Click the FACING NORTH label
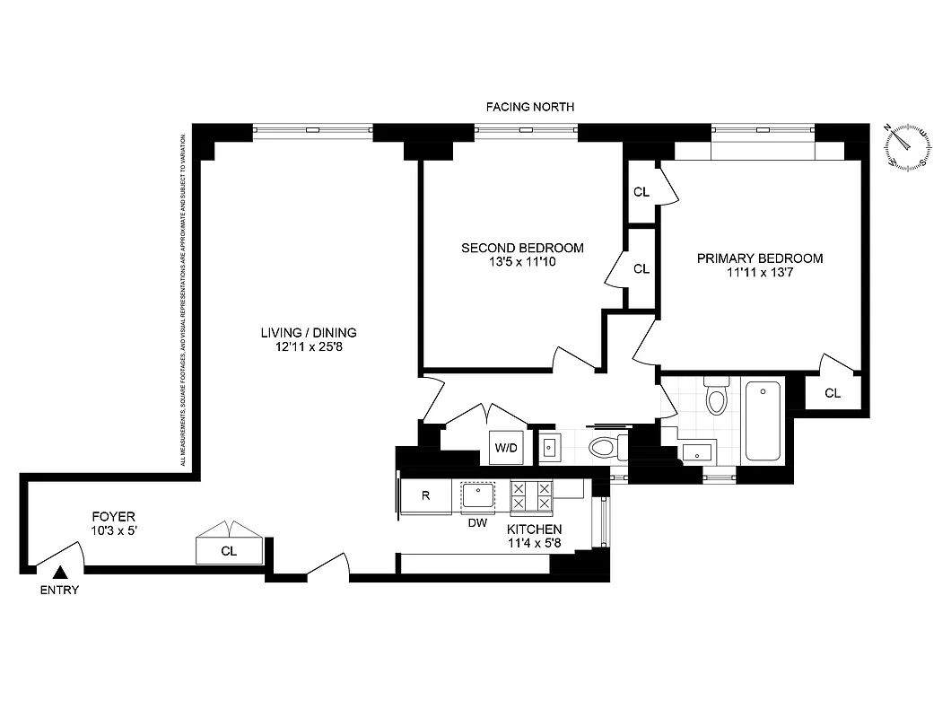[529, 107]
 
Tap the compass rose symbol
[907, 146]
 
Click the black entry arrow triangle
[60, 572]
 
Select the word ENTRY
[60, 590]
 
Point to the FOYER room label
[114, 517]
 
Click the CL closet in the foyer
[229, 550]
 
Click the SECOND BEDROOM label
[522, 248]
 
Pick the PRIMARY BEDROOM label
[760, 258]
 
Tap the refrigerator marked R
[426, 496]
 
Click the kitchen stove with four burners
[531, 496]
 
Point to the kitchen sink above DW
[479, 495]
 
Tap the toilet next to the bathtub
[716, 397]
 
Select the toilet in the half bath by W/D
[606, 446]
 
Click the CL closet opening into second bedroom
[641, 268]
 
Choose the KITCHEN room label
[536, 530]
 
